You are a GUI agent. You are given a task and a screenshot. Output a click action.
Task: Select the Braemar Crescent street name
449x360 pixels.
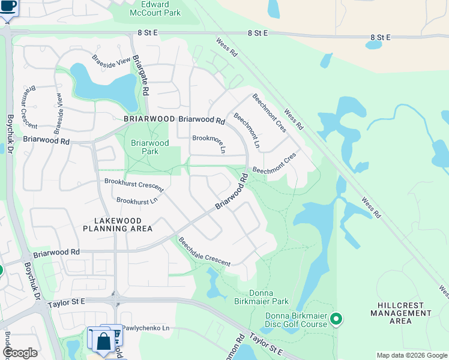pyautogui.click(x=28, y=107)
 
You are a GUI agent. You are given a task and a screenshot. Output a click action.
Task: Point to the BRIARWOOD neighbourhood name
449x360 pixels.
pyautogui.click(x=149, y=119)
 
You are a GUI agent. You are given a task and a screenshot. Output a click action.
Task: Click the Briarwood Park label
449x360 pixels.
pyautogui.click(x=149, y=147)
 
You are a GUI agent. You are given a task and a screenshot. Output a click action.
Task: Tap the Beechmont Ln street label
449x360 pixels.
pyautogui.click(x=247, y=130)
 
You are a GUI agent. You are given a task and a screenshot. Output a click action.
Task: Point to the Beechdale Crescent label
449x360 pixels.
pyautogui.click(x=204, y=251)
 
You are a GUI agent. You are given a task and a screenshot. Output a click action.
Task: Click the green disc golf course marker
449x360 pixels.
pyautogui.click(x=336, y=319)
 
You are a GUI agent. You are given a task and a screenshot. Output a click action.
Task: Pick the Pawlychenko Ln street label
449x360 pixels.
pyautogui.click(x=146, y=328)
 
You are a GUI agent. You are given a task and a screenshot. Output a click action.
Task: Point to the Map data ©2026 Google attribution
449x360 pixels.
pyautogui.click(x=412, y=355)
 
